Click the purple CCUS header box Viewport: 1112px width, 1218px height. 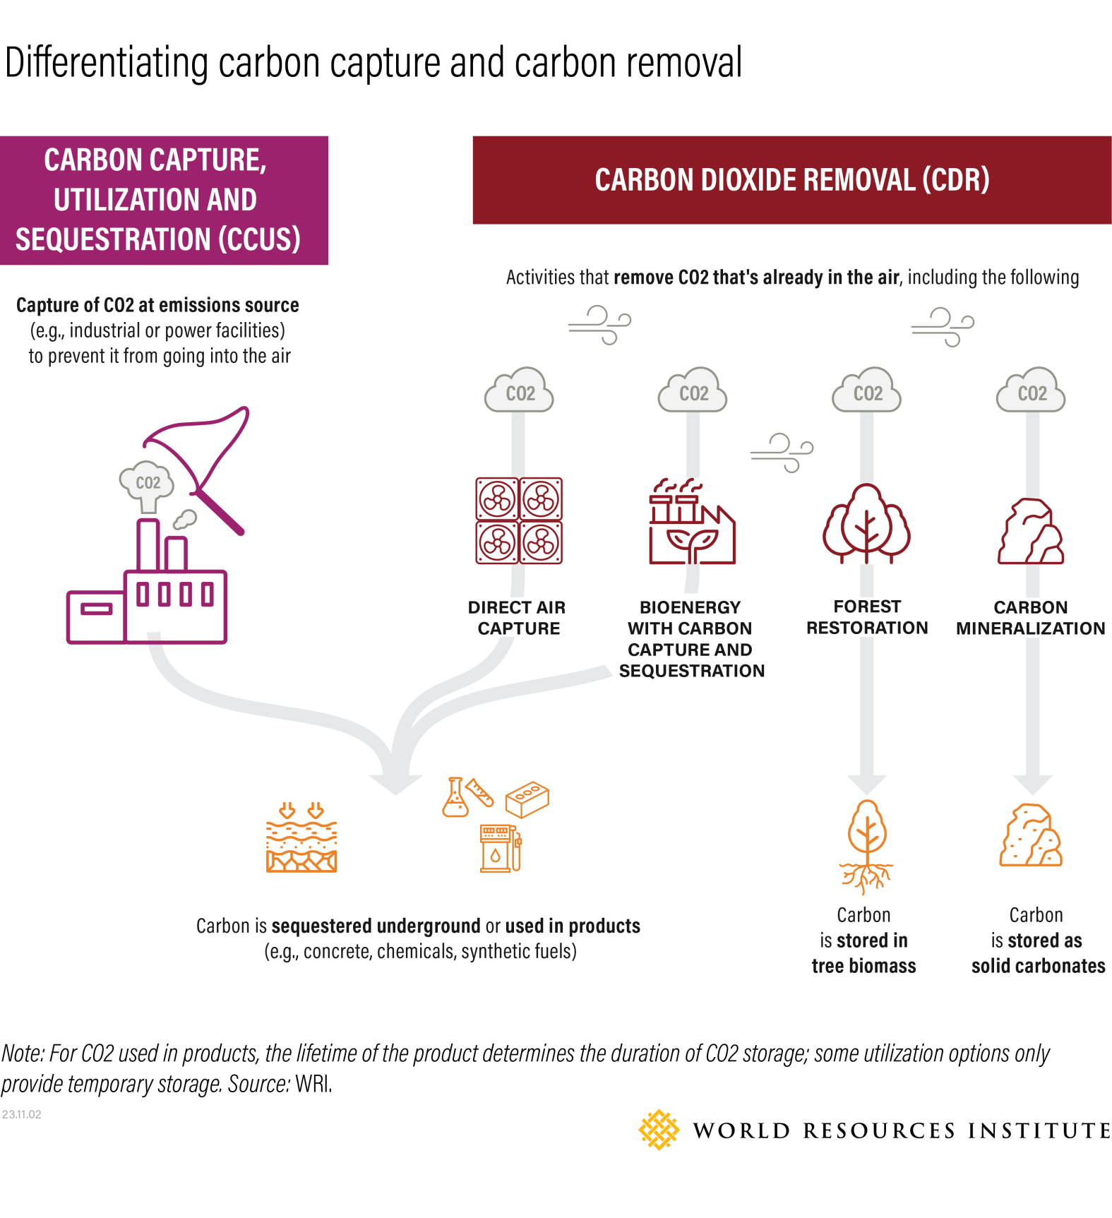coord(164,200)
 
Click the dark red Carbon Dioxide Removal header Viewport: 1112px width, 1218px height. coord(791,180)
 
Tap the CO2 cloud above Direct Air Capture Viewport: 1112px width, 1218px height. coord(519,391)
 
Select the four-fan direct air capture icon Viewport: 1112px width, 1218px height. coord(519,520)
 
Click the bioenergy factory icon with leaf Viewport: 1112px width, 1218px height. coord(691,523)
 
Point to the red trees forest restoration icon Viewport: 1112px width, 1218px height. coord(866,523)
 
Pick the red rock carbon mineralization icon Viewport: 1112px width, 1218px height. coord(1031,531)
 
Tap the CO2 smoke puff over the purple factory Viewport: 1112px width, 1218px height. coord(147,484)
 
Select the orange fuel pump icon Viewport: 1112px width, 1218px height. coord(500,848)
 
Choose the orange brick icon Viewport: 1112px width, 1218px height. coord(527,799)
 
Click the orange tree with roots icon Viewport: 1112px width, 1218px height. coord(866,845)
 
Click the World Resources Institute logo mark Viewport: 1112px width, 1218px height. coord(658,1130)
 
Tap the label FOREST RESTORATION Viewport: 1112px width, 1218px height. coord(867,617)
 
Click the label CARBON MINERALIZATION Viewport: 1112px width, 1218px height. coord(1030,618)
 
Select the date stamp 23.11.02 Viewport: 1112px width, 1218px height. coord(22,1114)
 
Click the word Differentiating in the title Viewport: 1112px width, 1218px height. coord(106,64)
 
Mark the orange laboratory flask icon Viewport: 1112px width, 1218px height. coord(455,799)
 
